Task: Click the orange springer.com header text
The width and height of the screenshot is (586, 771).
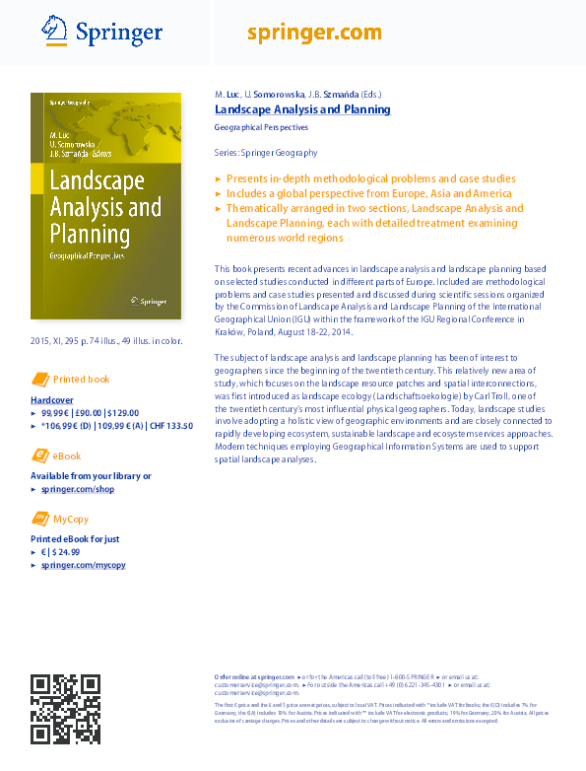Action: tap(314, 33)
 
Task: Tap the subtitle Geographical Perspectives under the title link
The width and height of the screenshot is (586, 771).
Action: tap(261, 127)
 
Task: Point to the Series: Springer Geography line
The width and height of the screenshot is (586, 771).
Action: tap(265, 153)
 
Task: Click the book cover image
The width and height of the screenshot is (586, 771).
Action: tap(106, 205)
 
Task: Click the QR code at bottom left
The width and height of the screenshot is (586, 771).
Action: tap(65, 709)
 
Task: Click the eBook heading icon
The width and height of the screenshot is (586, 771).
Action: tap(40, 456)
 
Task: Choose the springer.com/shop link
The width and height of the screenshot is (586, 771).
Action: tap(78, 488)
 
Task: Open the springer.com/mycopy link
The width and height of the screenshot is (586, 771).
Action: tap(84, 565)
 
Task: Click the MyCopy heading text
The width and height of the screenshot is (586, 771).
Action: tap(71, 519)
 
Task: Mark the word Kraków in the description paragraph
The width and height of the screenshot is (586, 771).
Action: tap(228, 331)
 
